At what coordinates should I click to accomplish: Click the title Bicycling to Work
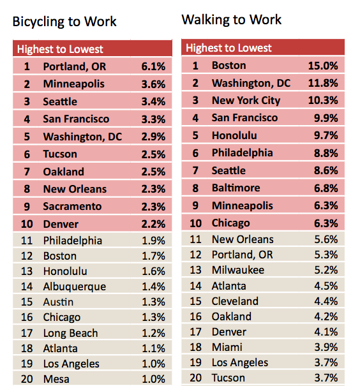point(64,22)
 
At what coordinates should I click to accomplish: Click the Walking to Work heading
point(232,20)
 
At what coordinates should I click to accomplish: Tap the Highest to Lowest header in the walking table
point(229,48)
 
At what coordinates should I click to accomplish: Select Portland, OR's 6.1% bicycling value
point(153,66)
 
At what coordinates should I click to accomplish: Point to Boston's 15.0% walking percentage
point(323,66)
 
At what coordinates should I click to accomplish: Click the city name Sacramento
point(72,206)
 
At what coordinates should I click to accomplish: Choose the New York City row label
point(246,101)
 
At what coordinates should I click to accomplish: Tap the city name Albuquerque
point(75,287)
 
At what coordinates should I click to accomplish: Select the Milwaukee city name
point(238,270)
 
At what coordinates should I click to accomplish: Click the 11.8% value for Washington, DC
point(323,83)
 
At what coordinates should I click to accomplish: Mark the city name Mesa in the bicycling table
point(56,379)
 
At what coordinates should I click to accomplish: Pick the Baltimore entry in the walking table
point(236,188)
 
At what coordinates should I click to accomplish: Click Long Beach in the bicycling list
point(70,333)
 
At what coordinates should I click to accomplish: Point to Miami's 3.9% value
point(326,347)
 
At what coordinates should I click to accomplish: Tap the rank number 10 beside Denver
point(27,224)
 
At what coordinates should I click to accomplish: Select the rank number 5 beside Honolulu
point(195,135)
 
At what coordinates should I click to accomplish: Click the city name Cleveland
point(235,301)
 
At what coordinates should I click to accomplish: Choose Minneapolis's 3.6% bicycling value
point(153,84)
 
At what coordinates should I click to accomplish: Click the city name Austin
point(58,302)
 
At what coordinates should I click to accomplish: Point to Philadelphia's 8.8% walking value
point(326,153)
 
